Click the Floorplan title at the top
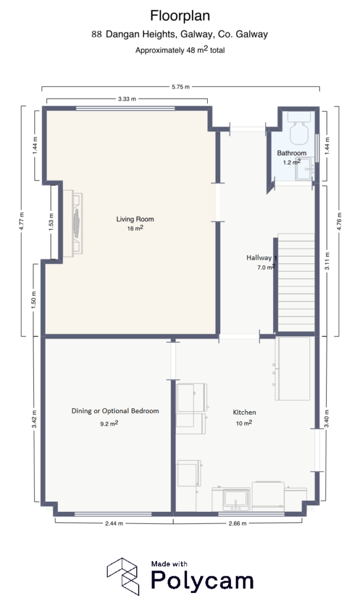click(x=179, y=15)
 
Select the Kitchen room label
click(x=244, y=412)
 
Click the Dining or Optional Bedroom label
click(x=115, y=411)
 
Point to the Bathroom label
click(x=292, y=153)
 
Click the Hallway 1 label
click(x=261, y=258)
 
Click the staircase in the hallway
click(x=295, y=282)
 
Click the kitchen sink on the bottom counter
click(x=235, y=499)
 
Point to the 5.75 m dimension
click(x=180, y=87)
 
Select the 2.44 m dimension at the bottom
click(x=114, y=523)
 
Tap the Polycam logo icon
click(x=123, y=575)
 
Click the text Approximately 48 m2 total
click(x=179, y=50)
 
